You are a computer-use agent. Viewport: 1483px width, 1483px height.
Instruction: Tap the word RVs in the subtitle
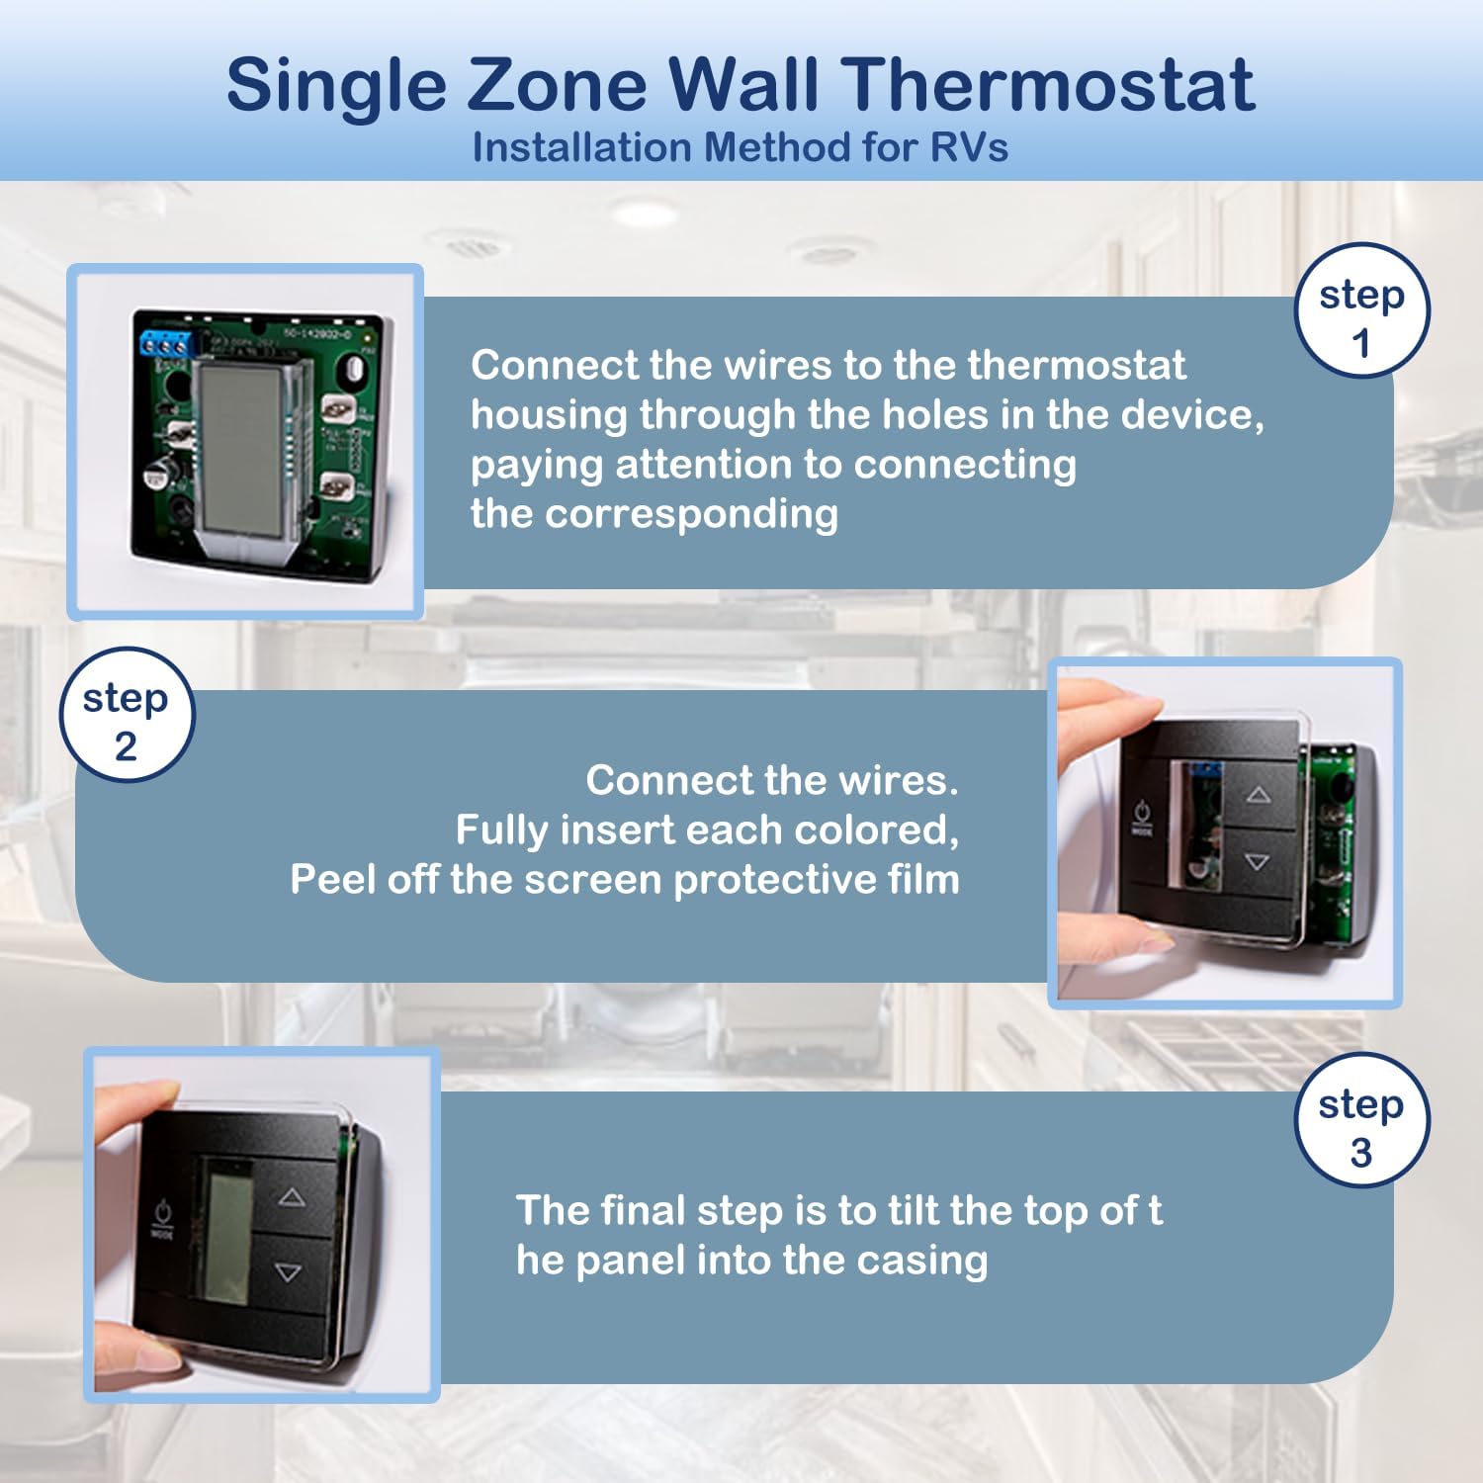(969, 148)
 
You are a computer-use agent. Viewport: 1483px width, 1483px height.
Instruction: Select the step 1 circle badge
(1361, 311)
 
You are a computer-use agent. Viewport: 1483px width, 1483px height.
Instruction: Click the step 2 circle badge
(126, 715)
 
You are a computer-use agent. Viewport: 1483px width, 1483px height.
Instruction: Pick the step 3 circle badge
(1361, 1120)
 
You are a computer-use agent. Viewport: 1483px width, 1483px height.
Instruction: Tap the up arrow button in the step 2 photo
(1258, 795)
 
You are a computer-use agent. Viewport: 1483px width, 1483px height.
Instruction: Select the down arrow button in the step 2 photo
(1257, 862)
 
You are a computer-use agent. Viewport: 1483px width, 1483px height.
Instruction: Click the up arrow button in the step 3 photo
(291, 1197)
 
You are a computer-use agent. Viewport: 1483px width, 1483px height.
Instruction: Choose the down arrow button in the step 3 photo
(288, 1272)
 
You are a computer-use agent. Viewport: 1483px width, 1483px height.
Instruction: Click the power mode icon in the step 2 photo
(1141, 815)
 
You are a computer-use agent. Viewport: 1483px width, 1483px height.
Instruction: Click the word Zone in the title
(556, 85)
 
